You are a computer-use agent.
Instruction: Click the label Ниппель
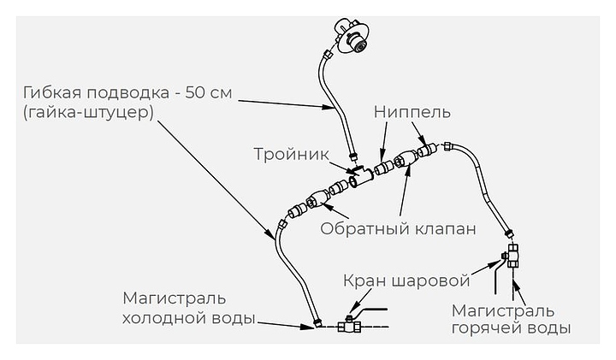[412, 112]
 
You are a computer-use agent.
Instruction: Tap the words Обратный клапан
[397, 228]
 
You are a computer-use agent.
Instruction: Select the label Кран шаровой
[406, 280]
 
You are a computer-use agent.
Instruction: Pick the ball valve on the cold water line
[348, 325]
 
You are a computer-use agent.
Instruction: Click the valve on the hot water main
[513, 254]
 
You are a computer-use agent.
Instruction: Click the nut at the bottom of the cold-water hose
[318, 323]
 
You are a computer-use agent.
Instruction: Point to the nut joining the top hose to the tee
[352, 157]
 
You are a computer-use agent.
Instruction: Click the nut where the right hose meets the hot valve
[510, 231]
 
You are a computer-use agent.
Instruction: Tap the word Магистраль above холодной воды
[175, 298]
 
